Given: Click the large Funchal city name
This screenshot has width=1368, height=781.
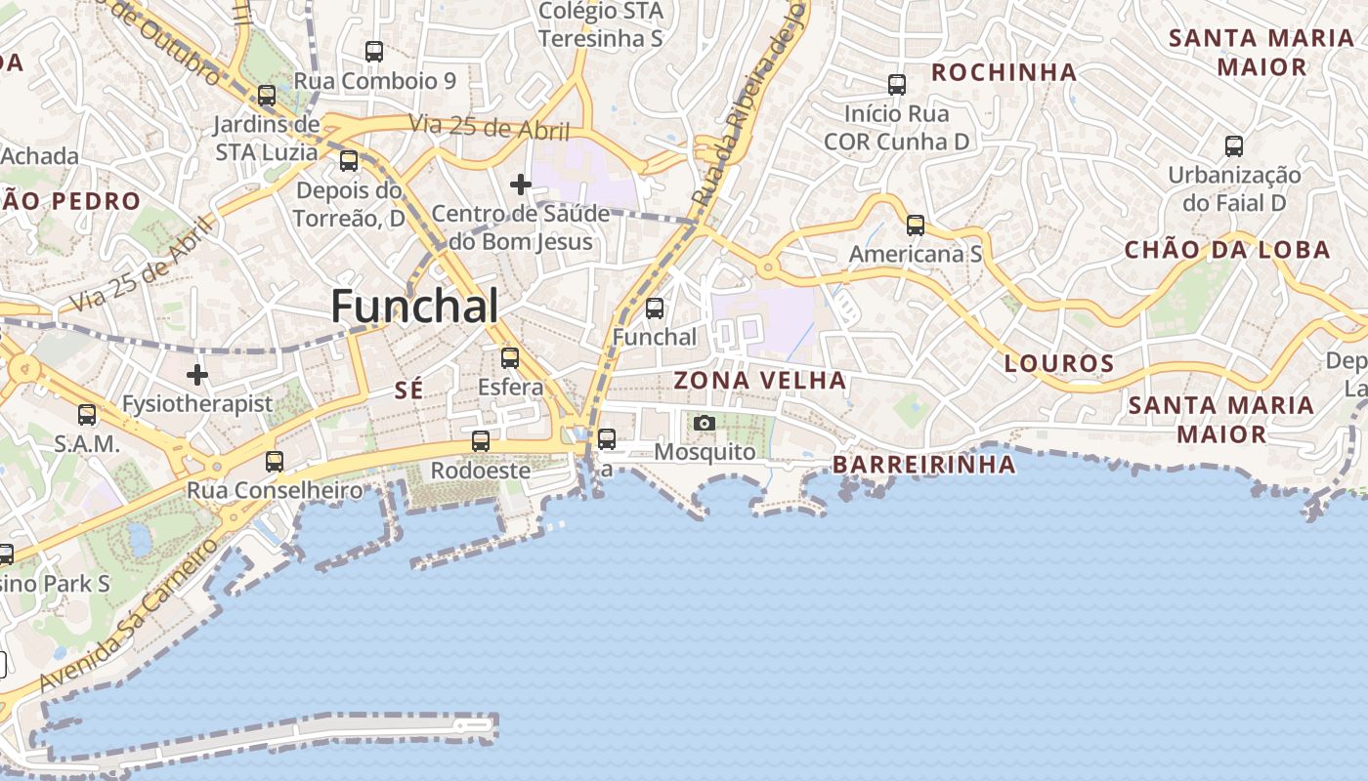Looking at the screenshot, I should click(x=414, y=307).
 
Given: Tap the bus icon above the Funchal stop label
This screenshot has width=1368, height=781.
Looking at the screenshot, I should click(x=655, y=309).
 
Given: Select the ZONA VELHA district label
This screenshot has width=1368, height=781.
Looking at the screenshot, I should click(x=759, y=380).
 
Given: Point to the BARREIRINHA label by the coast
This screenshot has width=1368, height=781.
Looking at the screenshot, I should click(x=924, y=464).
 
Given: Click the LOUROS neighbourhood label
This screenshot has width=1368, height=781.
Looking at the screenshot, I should click(x=1059, y=364).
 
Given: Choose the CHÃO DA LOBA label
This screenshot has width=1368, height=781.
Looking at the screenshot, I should click(x=1227, y=249).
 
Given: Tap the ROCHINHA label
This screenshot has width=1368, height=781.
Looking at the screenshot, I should click(x=1004, y=72).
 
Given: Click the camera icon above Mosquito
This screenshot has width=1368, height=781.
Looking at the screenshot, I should click(x=704, y=423).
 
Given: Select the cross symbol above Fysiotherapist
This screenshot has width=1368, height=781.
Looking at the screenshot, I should click(x=197, y=374).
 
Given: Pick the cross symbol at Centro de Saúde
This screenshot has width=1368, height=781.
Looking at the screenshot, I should click(x=521, y=184).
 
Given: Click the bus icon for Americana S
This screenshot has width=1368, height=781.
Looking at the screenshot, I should click(x=916, y=226).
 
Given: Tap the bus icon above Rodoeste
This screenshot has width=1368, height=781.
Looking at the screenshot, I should click(x=481, y=441).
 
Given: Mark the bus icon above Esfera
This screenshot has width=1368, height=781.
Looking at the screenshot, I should click(x=510, y=358).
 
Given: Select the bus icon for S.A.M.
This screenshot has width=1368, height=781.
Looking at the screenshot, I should click(x=87, y=415).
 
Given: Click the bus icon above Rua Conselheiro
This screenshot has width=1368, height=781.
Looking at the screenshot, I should click(x=275, y=462).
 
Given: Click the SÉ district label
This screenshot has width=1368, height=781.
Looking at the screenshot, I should click(x=409, y=390).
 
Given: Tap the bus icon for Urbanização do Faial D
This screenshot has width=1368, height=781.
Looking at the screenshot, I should click(x=1234, y=146).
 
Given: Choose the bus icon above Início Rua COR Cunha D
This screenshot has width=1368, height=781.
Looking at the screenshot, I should click(x=897, y=85).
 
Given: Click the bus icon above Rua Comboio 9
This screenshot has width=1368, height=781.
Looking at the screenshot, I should click(x=374, y=52).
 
